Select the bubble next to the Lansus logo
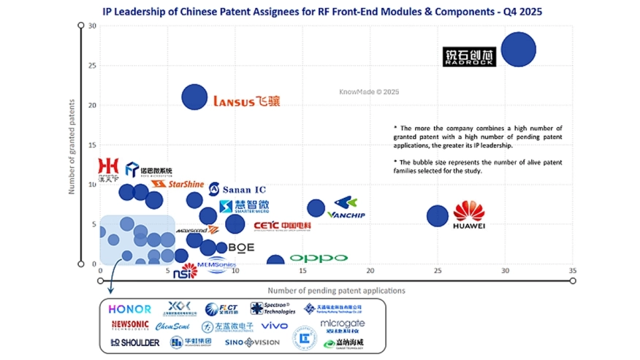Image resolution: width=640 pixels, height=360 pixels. click(194, 97)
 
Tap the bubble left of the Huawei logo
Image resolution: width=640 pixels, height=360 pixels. click(437, 216)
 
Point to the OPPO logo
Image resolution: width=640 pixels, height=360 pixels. click(319, 258)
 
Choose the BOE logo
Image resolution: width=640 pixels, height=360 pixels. click(241, 248)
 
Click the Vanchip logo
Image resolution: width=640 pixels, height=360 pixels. click(346, 208)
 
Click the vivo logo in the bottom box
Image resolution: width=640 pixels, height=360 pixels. click(275, 326)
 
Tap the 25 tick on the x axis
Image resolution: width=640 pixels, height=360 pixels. click(437, 270)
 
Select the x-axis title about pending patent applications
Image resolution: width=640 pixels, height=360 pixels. click(336, 291)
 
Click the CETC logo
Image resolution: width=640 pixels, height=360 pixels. click(282, 226)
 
